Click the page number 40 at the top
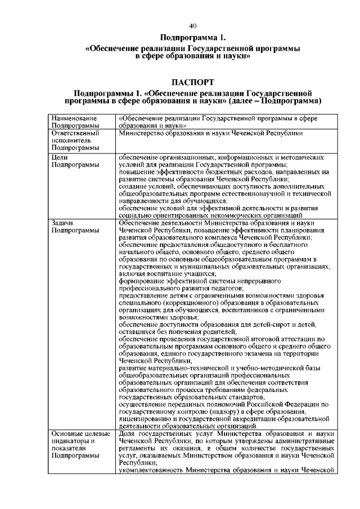(x=192, y=26)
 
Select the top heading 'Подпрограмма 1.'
(x=192, y=38)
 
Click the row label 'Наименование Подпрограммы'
(x=74, y=123)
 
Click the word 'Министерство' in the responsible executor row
(x=144, y=133)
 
